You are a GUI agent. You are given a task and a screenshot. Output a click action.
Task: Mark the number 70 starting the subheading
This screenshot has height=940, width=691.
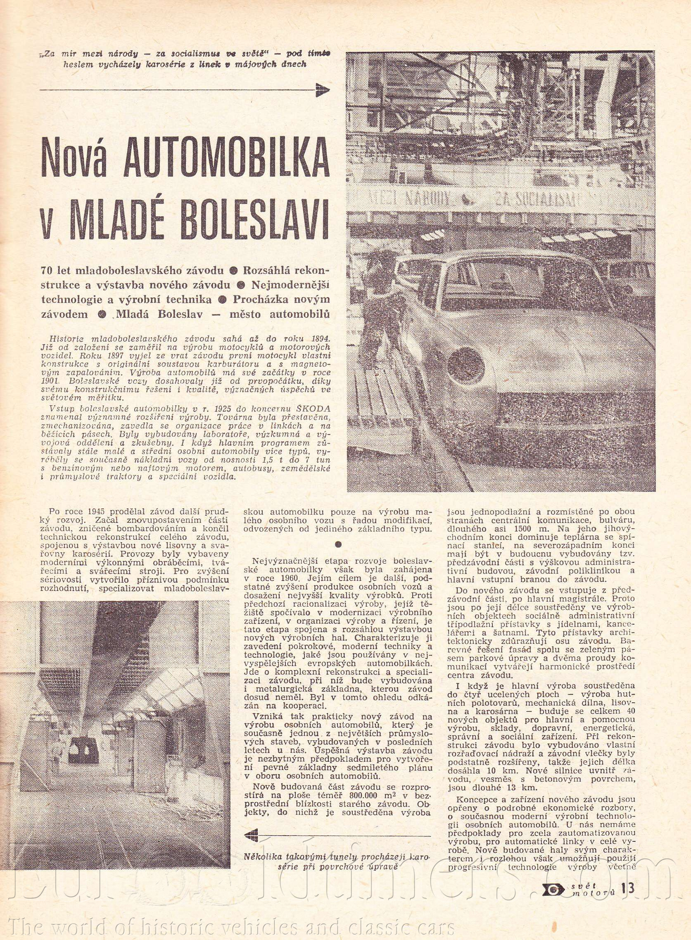tap(46, 270)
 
